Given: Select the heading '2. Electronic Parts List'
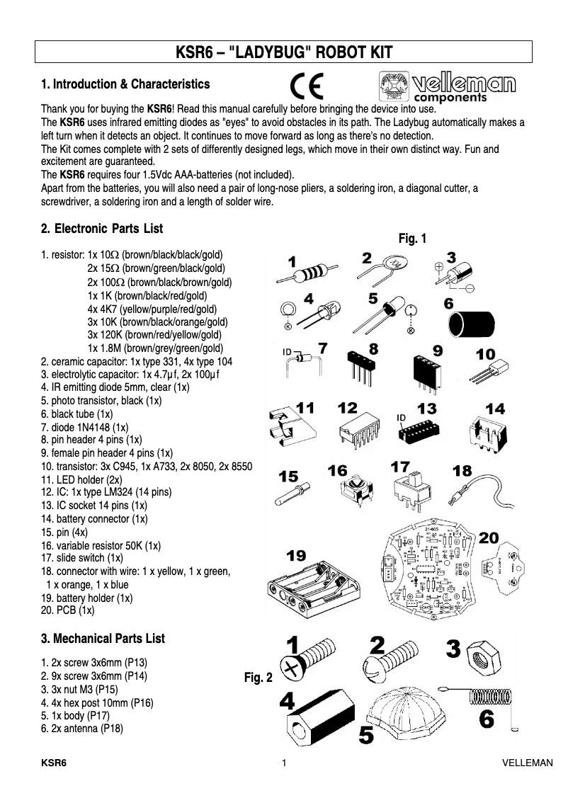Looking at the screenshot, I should [102, 229].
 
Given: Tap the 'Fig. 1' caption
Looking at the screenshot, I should [412, 239].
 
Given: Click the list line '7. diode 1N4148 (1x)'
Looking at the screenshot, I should [84, 427].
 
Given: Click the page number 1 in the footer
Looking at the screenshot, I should [284, 763].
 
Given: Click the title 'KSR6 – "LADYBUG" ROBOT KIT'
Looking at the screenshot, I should [283, 54].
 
